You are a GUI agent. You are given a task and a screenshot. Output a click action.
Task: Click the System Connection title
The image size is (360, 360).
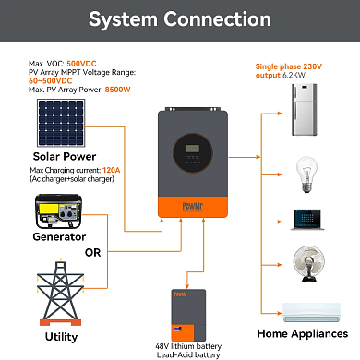[x=179, y=18]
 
